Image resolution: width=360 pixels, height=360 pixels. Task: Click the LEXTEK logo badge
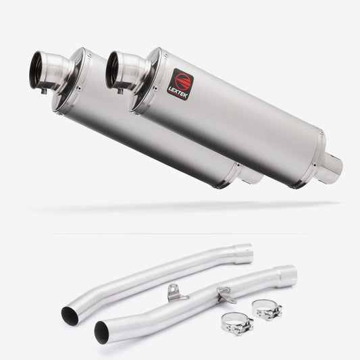coord(180,84)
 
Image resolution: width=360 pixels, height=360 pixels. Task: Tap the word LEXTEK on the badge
coord(178,93)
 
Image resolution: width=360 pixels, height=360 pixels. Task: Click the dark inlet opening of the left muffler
coord(35,70)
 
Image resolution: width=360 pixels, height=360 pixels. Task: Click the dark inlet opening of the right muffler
coord(111,70)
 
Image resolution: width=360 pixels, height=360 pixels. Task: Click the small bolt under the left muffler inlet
coord(44,91)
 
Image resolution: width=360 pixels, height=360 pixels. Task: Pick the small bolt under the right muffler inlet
coord(120,91)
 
